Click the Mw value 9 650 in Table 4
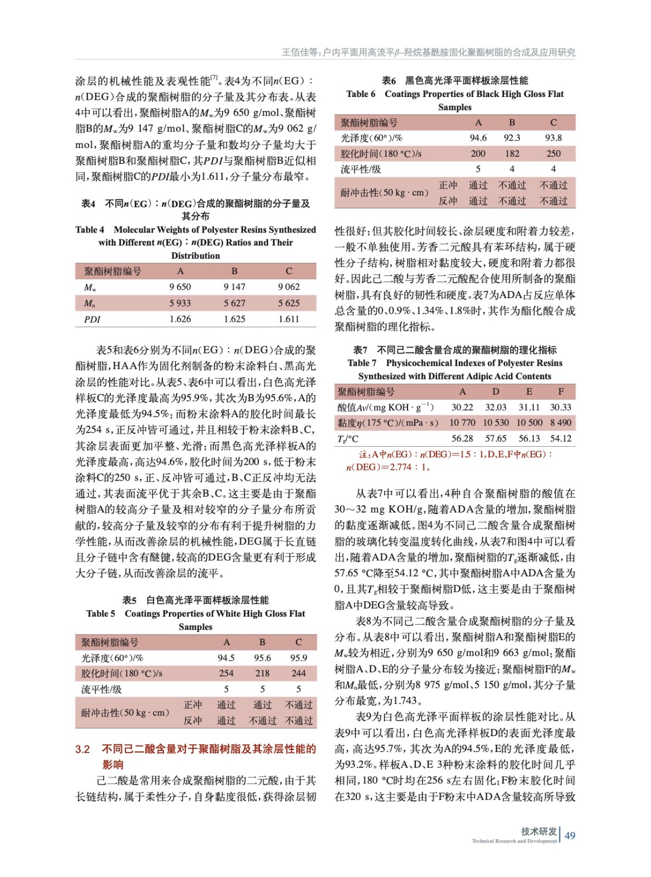coord(180,287)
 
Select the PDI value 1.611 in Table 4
coord(288,319)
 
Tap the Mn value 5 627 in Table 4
coord(234,303)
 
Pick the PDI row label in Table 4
coord(92,319)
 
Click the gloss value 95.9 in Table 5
coord(298,658)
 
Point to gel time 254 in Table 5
coord(226,673)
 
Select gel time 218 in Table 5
coord(262,673)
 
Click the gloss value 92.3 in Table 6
coord(512,138)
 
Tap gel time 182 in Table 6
coord(512,154)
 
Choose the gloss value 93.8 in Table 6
coord(553,138)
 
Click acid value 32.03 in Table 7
coord(495,407)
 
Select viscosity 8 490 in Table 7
coord(561,423)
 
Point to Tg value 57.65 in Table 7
coord(495,438)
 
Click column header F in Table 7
coord(561,391)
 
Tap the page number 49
coord(570,836)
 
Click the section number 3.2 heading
coord(82,749)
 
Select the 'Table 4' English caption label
coord(89,230)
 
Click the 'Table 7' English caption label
coord(362,363)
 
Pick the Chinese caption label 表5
coord(129,600)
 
